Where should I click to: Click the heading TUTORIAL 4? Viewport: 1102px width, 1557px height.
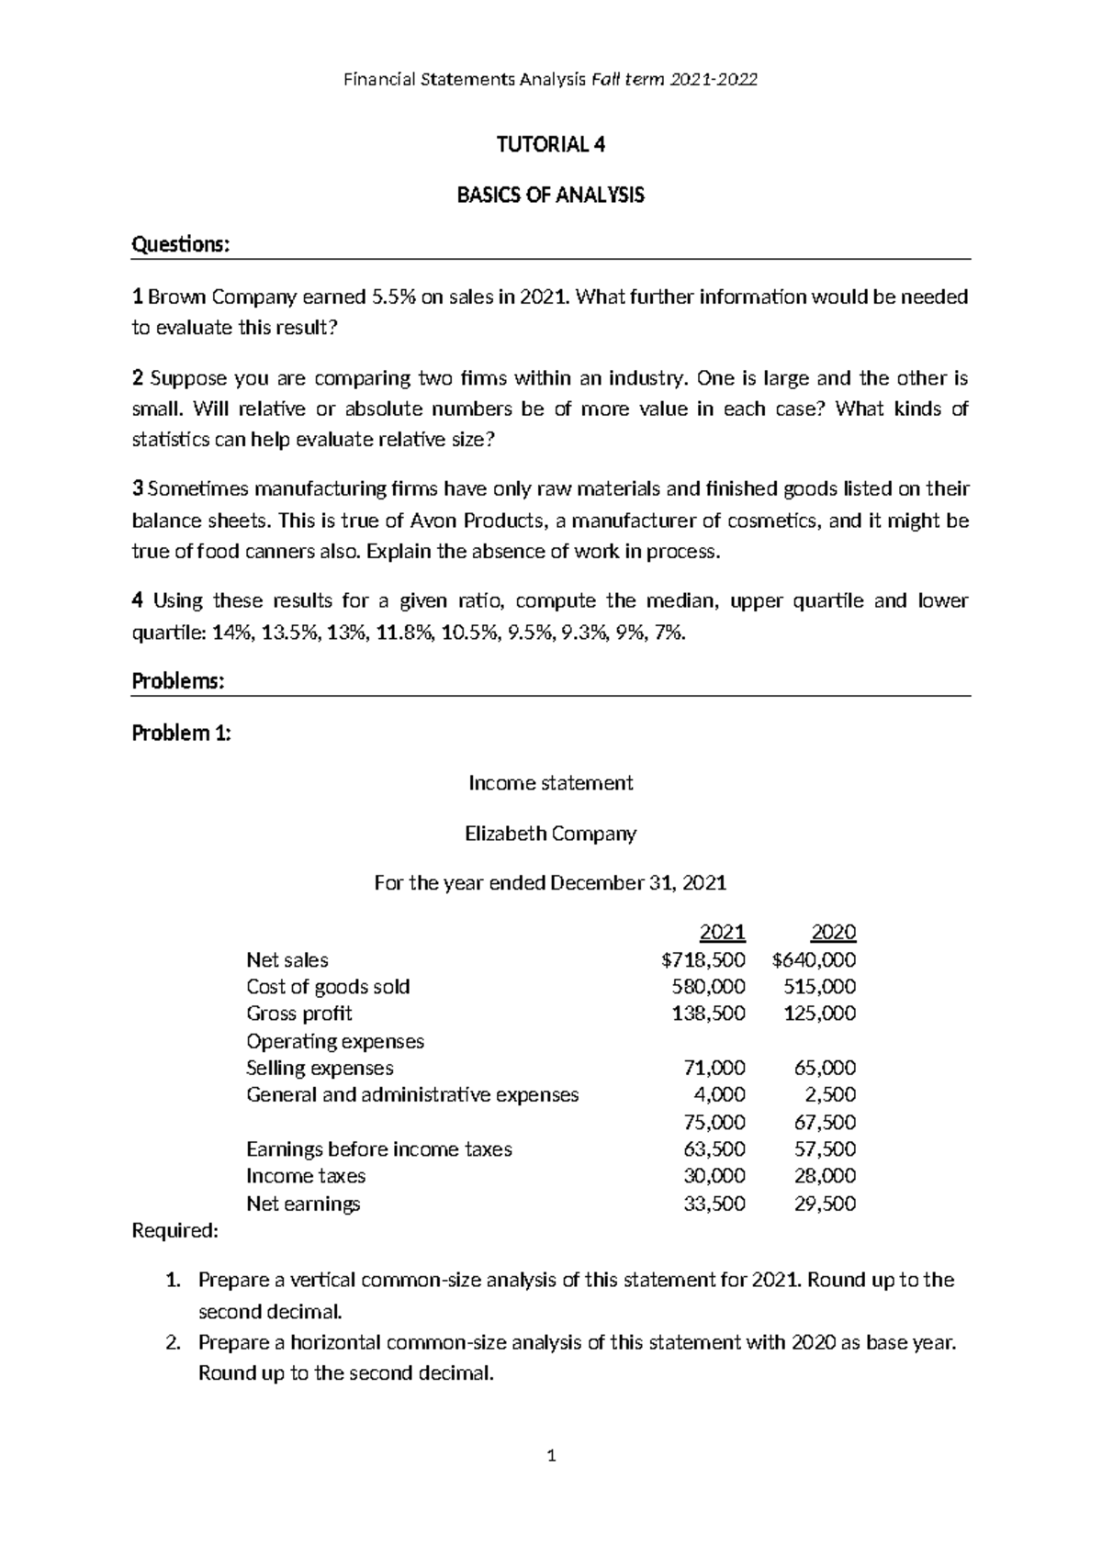tap(550, 145)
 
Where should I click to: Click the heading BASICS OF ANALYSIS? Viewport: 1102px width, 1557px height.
tap(550, 196)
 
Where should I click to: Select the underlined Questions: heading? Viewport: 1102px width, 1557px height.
tap(180, 245)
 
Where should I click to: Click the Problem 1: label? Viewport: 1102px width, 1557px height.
tap(182, 734)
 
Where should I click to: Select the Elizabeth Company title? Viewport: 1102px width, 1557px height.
tap(550, 834)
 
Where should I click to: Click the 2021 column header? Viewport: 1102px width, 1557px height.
tap(722, 933)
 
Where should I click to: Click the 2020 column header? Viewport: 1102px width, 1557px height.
tap(833, 933)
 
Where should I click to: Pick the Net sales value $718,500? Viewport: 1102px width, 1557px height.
tap(703, 960)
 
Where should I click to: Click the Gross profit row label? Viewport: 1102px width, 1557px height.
tap(298, 1014)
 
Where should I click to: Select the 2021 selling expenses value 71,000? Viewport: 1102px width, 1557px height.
tap(714, 1068)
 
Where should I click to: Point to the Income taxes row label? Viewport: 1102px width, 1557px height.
tap(305, 1176)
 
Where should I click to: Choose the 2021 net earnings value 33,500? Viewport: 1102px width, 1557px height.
tap(714, 1204)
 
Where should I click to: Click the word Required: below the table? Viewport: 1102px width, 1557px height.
tap(175, 1231)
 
